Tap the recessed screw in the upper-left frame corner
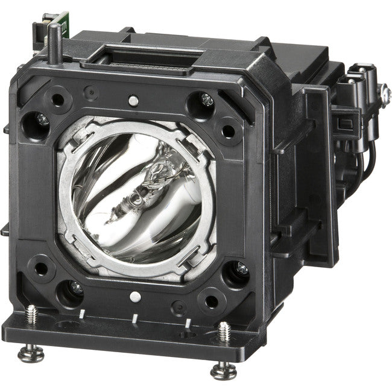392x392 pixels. pyautogui.click(x=43, y=121)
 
